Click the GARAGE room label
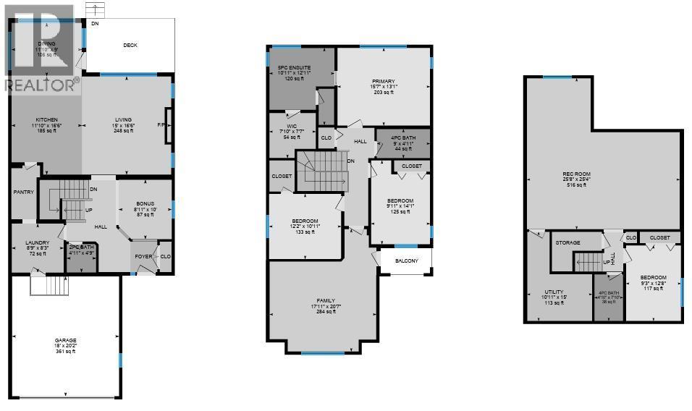click(65, 339)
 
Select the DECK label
click(130, 46)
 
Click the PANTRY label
click(24, 192)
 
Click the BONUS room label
click(145, 205)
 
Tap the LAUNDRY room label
click(37, 242)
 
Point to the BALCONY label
click(406, 261)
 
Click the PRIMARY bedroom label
click(383, 81)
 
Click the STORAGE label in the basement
click(568, 243)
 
